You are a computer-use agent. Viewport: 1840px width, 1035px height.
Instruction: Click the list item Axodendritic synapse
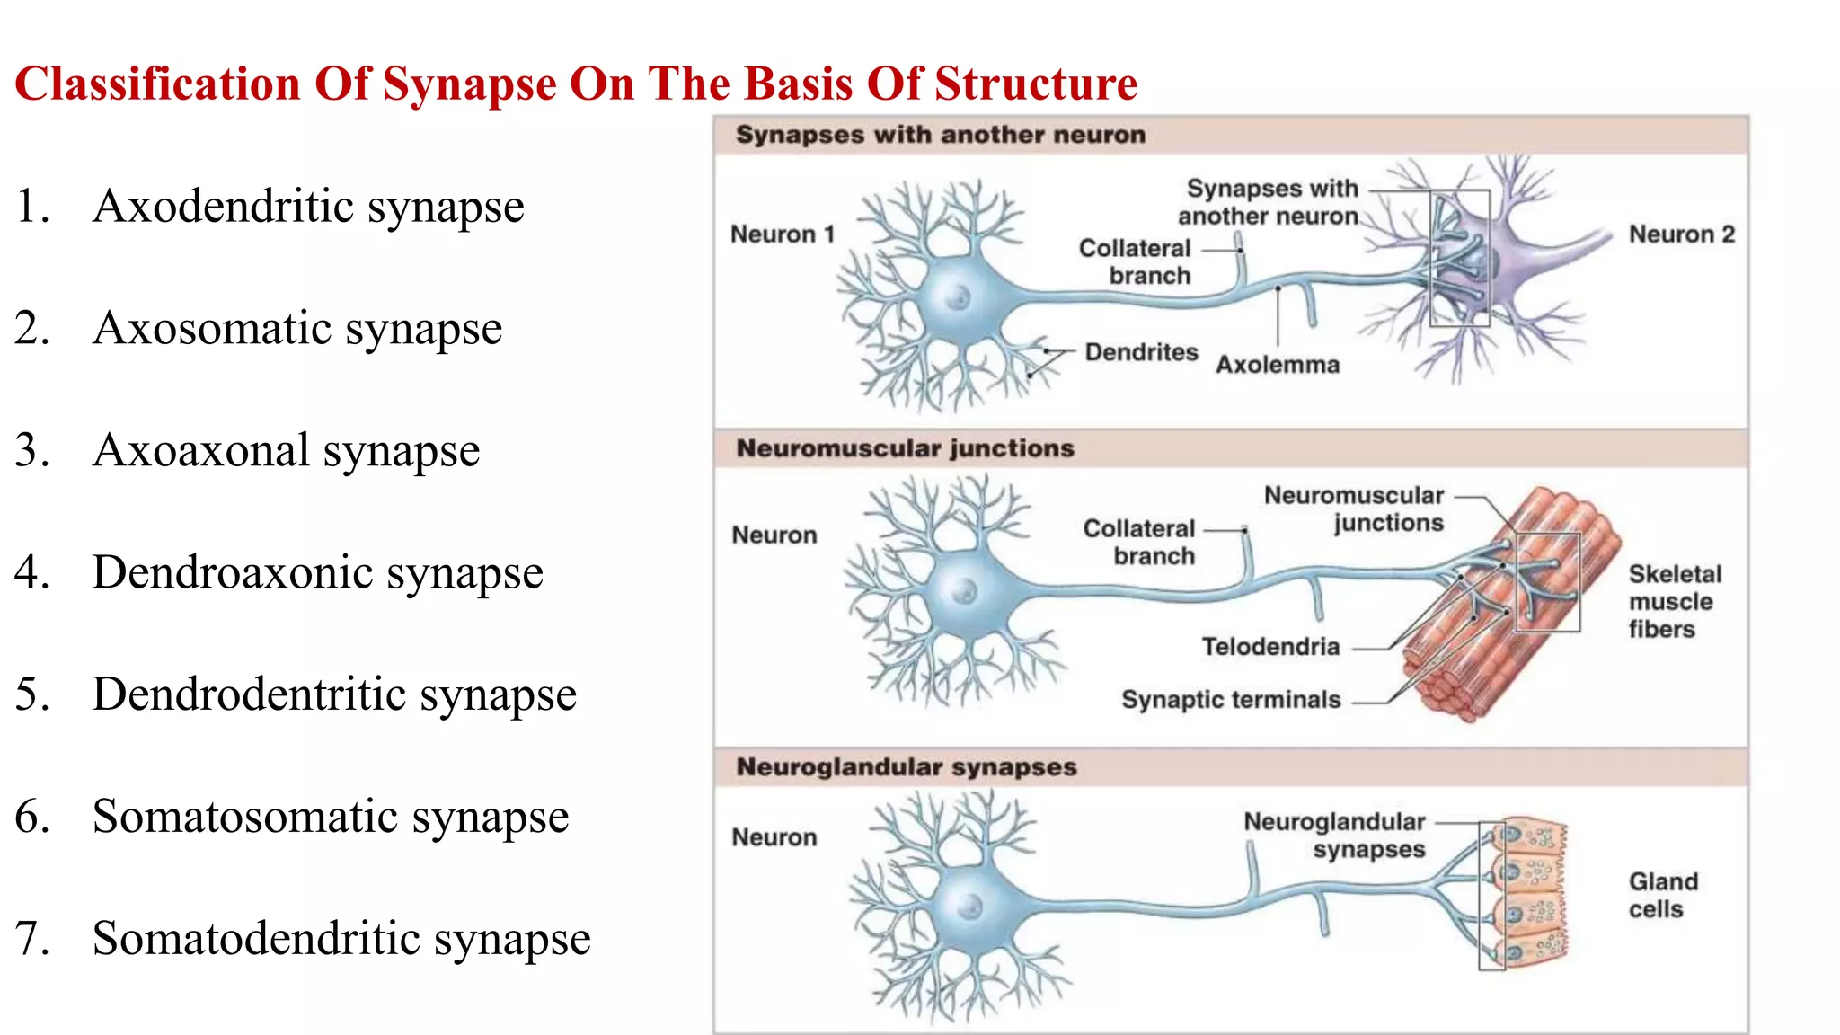click(307, 207)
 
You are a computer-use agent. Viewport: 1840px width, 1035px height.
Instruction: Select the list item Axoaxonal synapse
click(286, 450)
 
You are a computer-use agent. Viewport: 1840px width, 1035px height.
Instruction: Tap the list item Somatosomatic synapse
click(330, 817)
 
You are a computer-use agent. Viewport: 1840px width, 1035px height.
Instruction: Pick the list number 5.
click(31, 694)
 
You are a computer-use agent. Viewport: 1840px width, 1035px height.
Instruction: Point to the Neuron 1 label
click(783, 234)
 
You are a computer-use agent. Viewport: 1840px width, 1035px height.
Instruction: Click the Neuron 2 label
click(1682, 234)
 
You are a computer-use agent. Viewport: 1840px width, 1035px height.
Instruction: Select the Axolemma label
click(1277, 365)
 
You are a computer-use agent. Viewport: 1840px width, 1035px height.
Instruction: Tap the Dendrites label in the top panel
click(1141, 352)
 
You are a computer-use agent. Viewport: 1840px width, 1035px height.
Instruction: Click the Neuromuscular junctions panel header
click(905, 448)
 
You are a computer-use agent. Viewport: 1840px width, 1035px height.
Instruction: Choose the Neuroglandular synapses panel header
click(906, 767)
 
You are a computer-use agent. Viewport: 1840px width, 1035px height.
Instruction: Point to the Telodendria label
click(1270, 647)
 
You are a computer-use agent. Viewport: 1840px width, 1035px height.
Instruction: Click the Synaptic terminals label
click(1231, 700)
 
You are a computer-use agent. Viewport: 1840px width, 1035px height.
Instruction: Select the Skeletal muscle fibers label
click(1675, 601)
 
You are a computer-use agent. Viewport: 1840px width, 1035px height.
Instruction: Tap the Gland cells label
click(1663, 895)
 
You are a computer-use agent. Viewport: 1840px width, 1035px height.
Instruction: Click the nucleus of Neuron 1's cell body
click(959, 297)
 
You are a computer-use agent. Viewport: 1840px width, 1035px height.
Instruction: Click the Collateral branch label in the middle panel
click(1139, 542)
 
